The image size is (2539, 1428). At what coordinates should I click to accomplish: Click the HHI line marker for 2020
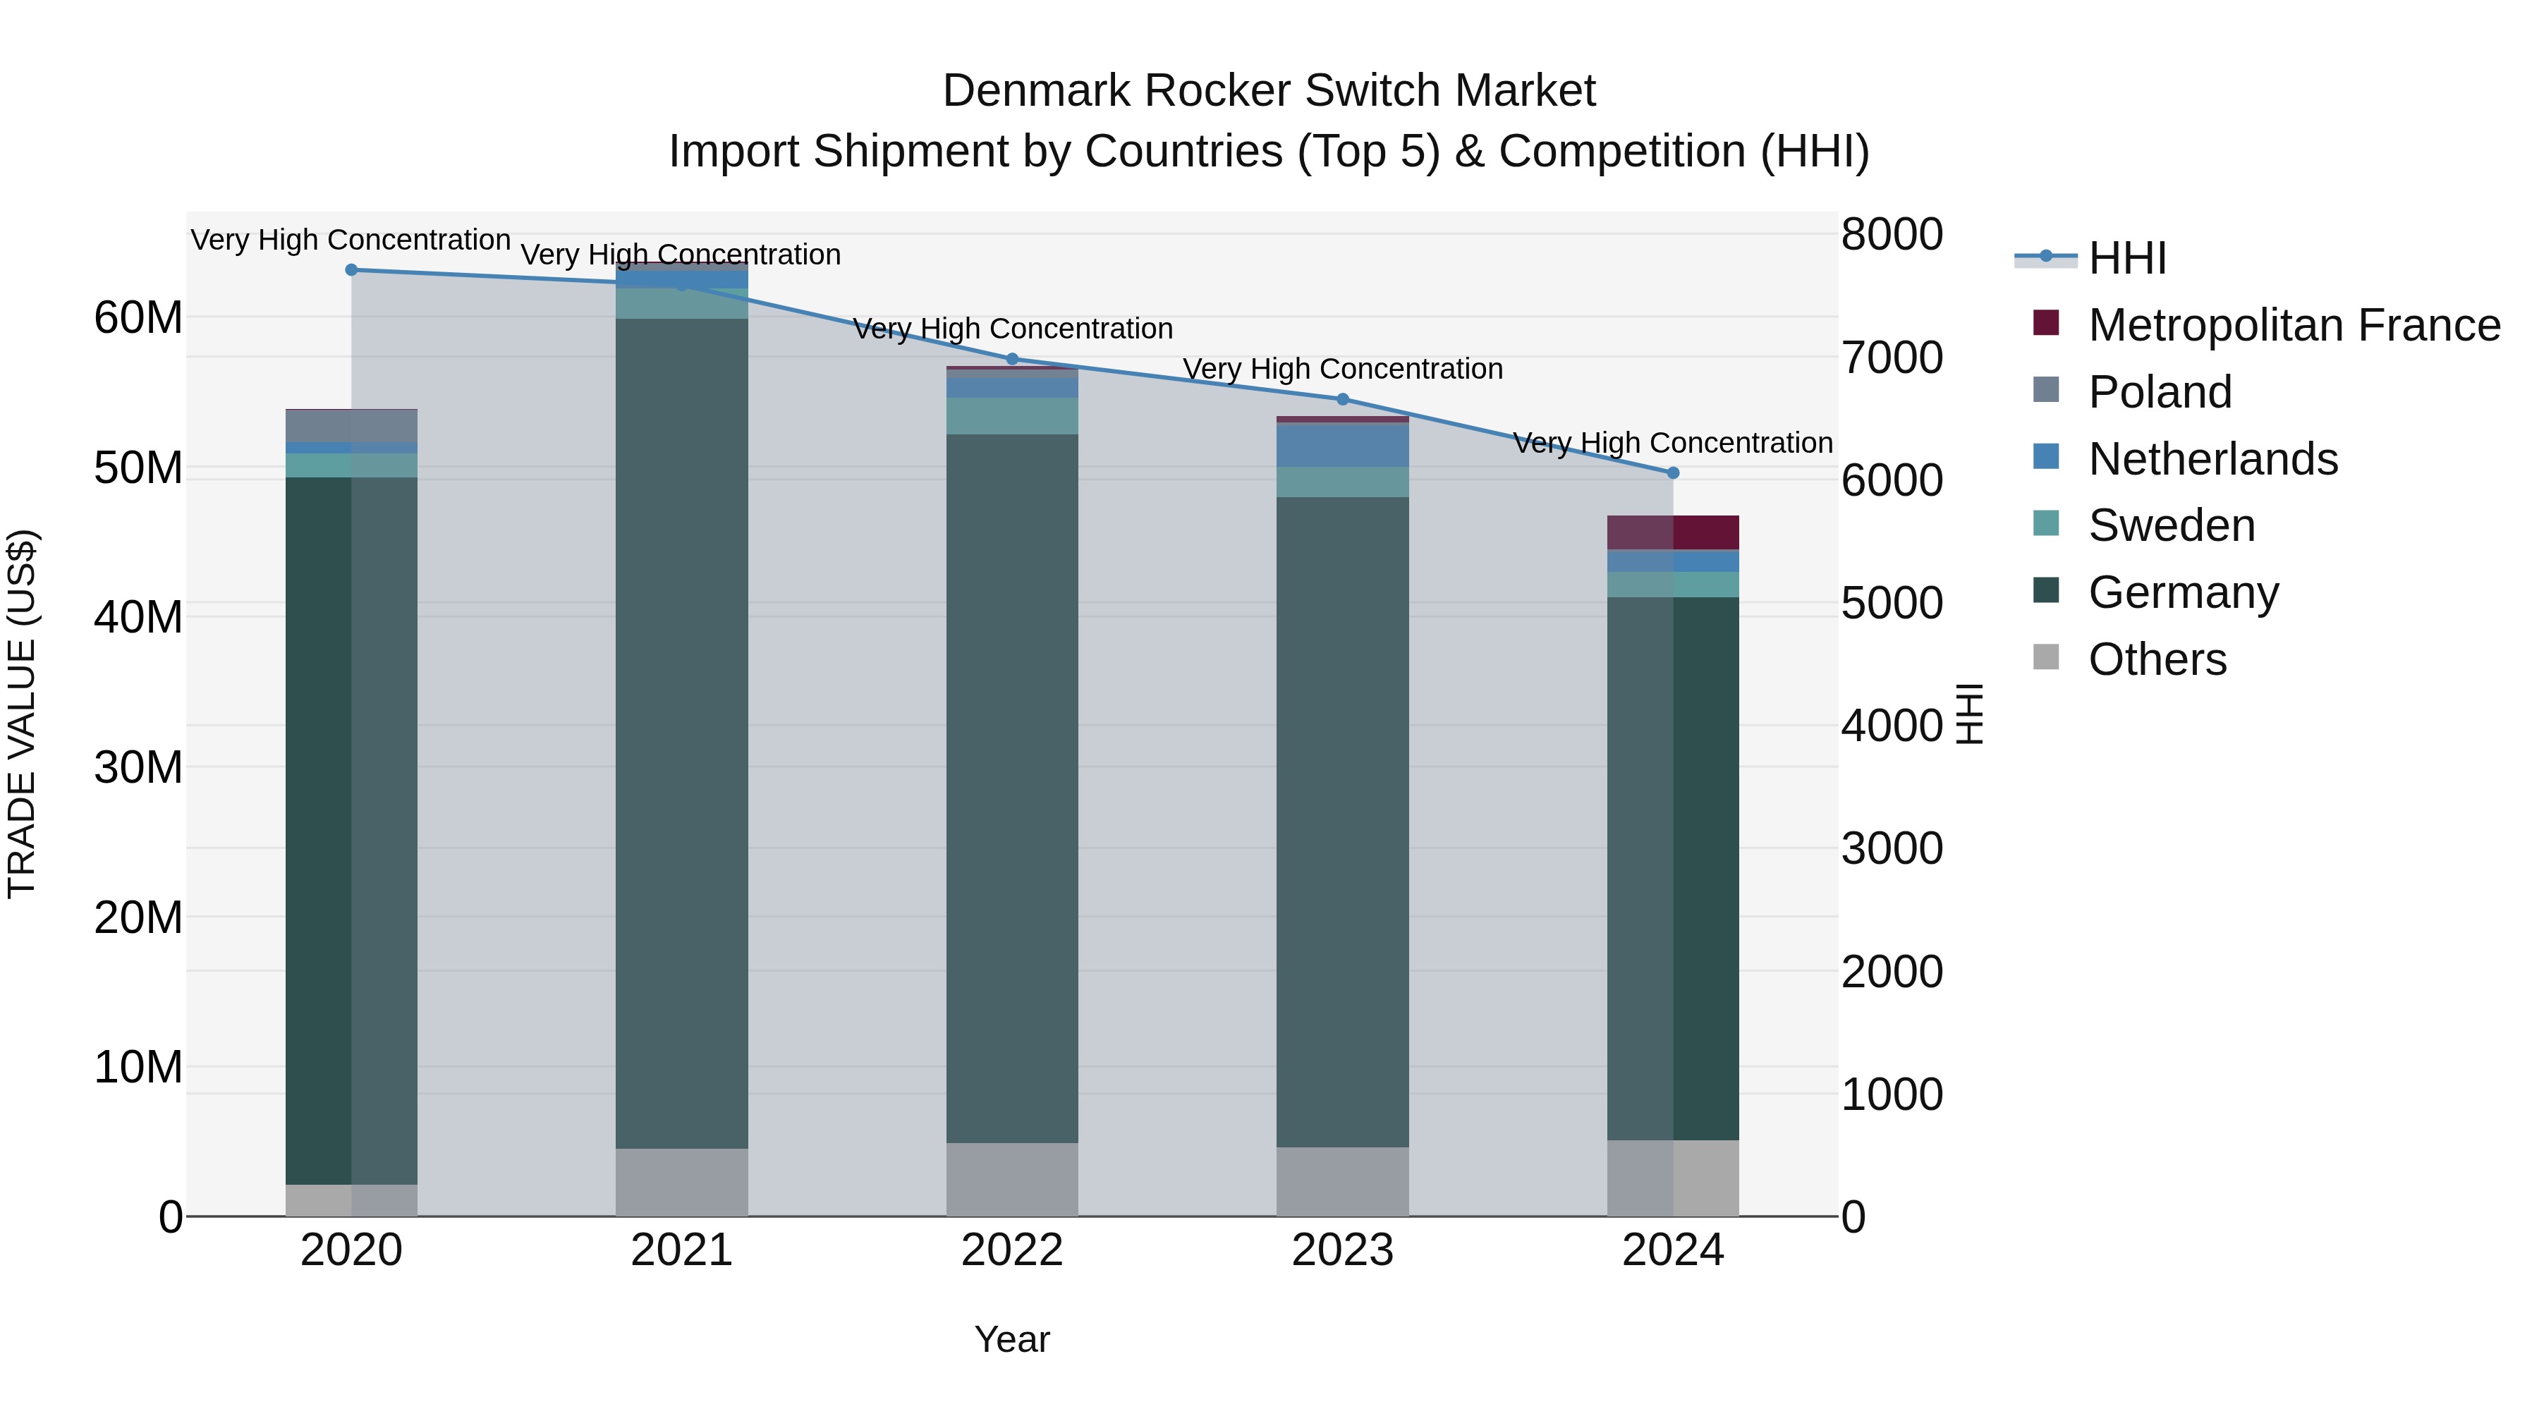coord(351,269)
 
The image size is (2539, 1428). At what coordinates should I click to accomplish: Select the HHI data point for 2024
coord(1673,473)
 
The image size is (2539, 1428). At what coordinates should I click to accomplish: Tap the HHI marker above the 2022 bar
coord(1012,359)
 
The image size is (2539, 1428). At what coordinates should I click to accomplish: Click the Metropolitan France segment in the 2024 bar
coord(1673,532)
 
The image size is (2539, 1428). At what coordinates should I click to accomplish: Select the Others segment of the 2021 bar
coord(681,1182)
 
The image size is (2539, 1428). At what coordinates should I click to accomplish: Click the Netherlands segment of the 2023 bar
coord(1342,444)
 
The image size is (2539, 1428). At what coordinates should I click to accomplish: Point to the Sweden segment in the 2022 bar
coord(1012,416)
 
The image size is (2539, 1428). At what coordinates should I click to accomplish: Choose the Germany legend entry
coord(2182,592)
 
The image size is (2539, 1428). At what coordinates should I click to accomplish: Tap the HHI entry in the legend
coord(2127,258)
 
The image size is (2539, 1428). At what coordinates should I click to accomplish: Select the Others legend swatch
coord(2046,657)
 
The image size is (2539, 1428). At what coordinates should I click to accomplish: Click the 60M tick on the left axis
coord(138,317)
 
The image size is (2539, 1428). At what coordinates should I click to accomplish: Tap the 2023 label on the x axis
coord(1342,1250)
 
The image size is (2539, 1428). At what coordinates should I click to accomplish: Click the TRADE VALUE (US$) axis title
coord(22,714)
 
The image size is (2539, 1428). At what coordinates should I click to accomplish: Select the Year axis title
coord(1012,1339)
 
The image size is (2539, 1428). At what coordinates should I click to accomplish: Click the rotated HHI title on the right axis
coord(1968,714)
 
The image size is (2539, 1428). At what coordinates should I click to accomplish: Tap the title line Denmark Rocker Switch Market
coord(1269,91)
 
